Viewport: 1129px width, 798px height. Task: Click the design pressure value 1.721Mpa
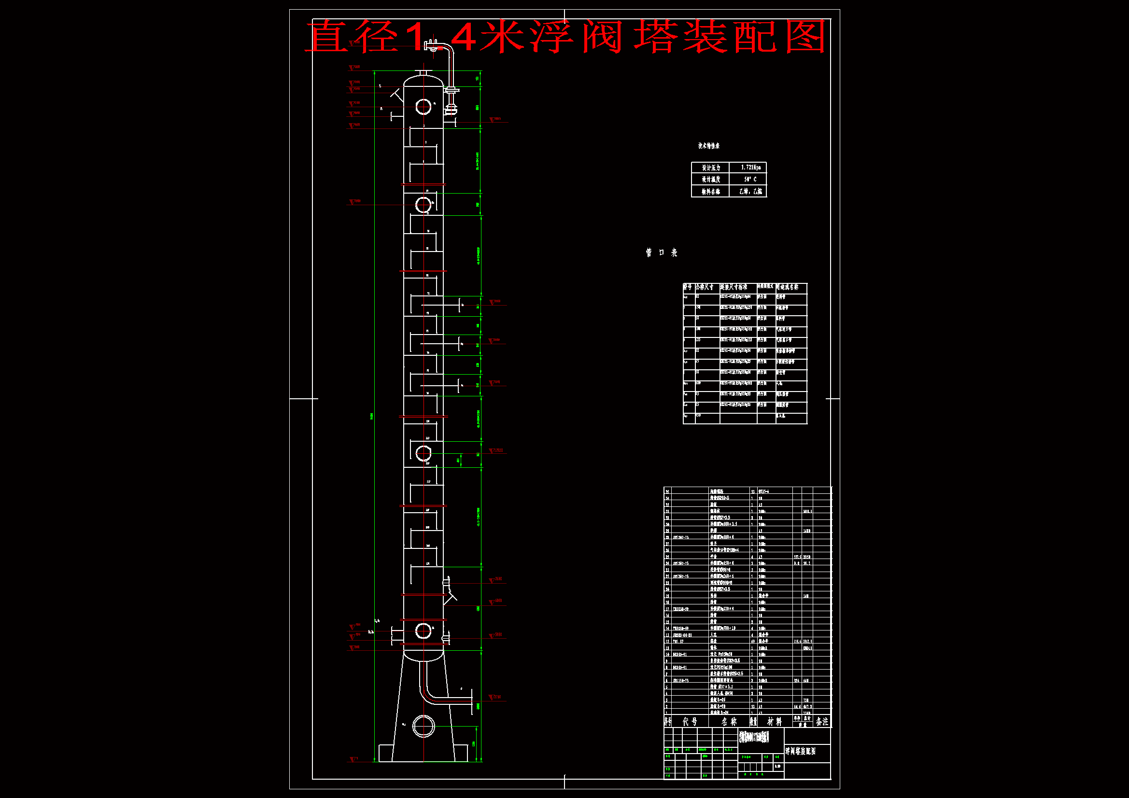[x=750, y=168]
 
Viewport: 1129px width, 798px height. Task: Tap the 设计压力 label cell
[x=710, y=168]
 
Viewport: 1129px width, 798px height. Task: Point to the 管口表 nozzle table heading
[x=662, y=253]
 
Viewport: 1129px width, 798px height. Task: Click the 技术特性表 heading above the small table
[x=708, y=146]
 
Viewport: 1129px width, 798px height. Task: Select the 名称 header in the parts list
[x=729, y=722]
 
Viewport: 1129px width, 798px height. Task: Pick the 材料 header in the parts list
[x=775, y=722]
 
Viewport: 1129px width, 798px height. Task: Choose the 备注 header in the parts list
[x=822, y=722]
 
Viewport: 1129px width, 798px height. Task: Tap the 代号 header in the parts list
[x=690, y=722]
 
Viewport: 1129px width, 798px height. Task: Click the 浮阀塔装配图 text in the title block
[x=801, y=752]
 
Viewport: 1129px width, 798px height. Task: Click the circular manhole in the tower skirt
[x=423, y=726]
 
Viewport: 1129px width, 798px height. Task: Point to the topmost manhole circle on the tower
[x=423, y=107]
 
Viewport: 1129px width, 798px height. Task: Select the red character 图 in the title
[x=805, y=37]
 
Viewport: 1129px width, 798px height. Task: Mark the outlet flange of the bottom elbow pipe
[x=471, y=700]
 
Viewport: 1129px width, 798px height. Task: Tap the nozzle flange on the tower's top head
[x=423, y=73]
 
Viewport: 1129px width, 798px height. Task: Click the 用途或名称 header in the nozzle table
[x=787, y=287]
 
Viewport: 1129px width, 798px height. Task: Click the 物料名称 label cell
[x=710, y=192]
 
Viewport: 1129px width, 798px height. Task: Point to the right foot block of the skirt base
[x=460, y=753]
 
